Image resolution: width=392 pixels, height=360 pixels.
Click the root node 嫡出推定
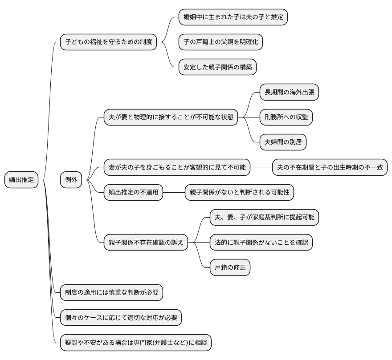tap(21, 180)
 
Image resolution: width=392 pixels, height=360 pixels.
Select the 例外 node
tap(71, 180)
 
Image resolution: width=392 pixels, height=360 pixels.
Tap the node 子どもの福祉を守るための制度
tap(109, 43)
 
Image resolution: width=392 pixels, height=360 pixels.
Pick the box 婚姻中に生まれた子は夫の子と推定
tap(233, 17)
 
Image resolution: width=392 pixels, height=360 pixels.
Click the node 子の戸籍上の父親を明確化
tap(220, 43)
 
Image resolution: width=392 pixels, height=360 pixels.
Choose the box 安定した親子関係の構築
tap(217, 68)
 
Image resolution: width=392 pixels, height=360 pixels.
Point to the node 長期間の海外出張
tap(289, 92)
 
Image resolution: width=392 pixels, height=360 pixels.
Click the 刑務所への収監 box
tap(286, 117)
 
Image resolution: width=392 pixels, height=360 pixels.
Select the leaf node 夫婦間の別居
tap(283, 142)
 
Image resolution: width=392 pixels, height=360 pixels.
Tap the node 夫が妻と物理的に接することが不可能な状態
tap(171, 117)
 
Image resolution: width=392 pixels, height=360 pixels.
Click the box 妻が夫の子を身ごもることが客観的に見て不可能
tap(177, 167)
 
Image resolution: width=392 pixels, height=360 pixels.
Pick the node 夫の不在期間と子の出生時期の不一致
tap(330, 167)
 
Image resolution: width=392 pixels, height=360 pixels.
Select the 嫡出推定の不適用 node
tap(133, 192)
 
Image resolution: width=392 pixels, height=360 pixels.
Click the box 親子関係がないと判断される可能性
tap(240, 192)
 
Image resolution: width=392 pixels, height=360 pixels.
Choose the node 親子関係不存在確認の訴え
tap(146, 243)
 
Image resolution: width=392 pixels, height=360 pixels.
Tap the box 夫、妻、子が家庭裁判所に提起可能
tap(265, 217)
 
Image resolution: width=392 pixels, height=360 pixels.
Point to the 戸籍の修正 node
tap(230, 267)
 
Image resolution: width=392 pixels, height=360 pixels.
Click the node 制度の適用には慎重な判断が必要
tap(111, 292)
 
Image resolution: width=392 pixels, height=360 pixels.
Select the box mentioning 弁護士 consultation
tap(136, 343)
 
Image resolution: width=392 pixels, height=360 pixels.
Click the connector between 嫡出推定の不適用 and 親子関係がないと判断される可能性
tap(174, 192)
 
